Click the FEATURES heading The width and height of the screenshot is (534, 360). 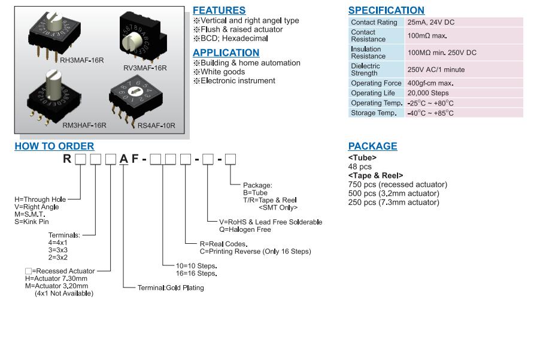click(219, 10)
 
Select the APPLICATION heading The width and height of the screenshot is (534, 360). click(226, 53)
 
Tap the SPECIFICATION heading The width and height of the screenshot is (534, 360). click(386, 10)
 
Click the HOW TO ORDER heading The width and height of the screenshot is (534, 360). click(54, 146)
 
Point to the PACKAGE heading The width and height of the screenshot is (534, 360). click(372, 146)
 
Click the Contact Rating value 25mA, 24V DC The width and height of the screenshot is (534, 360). click(430, 22)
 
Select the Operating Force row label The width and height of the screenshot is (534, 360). click(376, 83)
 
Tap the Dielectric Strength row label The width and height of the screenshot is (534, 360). click(365, 69)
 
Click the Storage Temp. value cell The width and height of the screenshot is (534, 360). click(430, 113)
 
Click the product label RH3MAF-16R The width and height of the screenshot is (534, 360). click(82, 60)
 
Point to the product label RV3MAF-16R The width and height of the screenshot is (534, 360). click(145, 68)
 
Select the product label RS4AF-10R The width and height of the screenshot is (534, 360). click(156, 125)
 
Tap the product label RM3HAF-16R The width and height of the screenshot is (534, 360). click(84, 125)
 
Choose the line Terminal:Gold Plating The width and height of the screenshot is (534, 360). click(171, 288)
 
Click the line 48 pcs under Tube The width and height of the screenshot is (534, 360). click(360, 167)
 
